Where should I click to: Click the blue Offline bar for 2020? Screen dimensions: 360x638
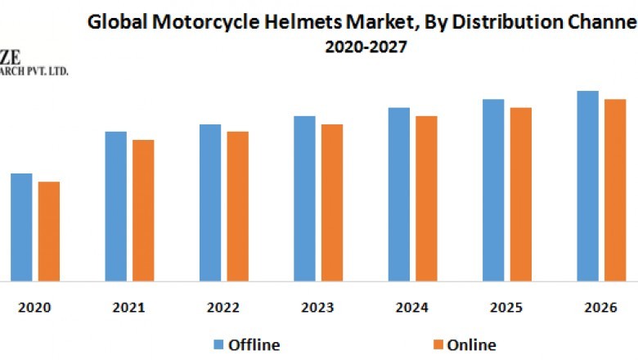(21, 227)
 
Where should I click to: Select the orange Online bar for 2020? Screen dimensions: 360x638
(49, 231)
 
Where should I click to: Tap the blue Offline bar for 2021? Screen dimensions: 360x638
(116, 206)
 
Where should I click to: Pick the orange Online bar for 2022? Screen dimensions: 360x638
(238, 206)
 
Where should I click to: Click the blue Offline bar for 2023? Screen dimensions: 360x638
(304, 198)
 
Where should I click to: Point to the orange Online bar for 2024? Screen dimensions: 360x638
(426, 198)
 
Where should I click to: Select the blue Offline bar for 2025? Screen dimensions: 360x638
(493, 190)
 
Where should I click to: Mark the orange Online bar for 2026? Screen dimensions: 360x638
(615, 190)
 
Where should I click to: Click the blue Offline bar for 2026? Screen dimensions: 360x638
(587, 186)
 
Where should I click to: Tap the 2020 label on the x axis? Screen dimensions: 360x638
(34, 308)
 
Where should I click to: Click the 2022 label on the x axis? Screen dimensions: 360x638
(223, 308)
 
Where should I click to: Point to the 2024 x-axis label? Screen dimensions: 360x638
(411, 308)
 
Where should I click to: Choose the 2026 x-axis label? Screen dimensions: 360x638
(600, 308)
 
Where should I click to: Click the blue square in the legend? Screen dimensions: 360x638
(219, 344)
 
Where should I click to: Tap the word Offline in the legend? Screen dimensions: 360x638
(254, 344)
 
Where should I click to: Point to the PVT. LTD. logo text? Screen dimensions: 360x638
(45, 71)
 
